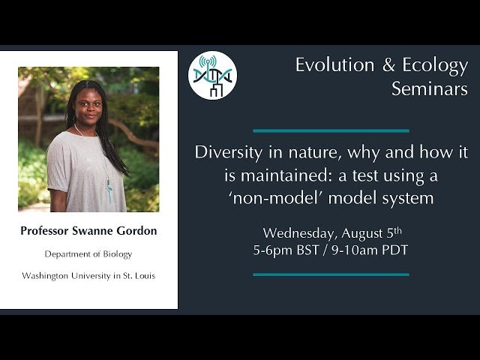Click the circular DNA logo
(212, 75)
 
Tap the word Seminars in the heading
(429, 89)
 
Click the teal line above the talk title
(331, 130)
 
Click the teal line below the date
(331, 274)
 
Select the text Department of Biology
(88, 254)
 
